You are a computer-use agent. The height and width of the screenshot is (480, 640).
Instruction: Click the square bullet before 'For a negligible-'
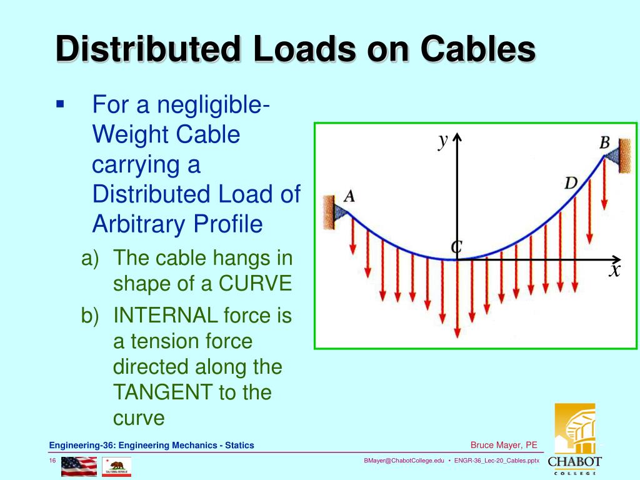point(60,104)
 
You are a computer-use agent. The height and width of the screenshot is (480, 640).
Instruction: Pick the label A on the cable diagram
point(349,196)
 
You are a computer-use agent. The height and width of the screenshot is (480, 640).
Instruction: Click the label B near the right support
point(604,142)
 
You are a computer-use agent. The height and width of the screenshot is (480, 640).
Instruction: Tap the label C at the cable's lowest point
point(457,247)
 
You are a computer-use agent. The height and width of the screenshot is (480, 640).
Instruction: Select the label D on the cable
point(571,183)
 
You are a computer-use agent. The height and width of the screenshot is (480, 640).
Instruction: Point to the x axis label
point(615,271)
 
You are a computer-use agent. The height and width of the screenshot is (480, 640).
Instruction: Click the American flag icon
point(79,466)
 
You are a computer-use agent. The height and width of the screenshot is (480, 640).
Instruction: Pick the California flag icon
point(116,466)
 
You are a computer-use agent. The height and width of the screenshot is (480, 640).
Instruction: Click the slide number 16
point(53,461)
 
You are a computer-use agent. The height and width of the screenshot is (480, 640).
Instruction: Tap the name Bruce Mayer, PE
point(504,445)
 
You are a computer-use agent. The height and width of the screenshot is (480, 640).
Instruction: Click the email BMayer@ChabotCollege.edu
point(404,461)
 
